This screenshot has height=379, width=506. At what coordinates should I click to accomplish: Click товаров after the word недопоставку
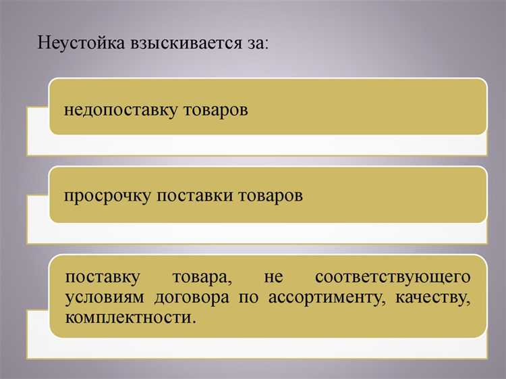point(216,109)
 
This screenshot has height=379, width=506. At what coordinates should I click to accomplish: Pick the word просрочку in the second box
point(108,197)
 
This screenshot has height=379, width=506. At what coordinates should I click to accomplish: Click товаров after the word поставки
point(271,197)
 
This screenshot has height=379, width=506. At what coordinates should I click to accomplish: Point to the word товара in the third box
point(198,278)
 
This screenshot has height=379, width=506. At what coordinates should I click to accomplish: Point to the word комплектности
point(131,317)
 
